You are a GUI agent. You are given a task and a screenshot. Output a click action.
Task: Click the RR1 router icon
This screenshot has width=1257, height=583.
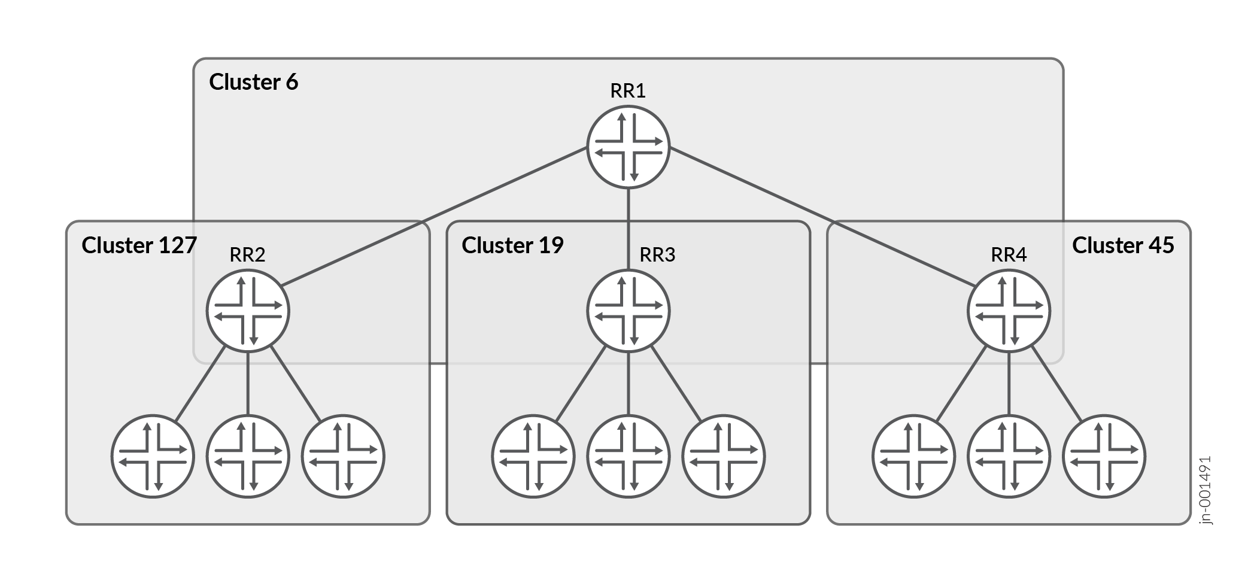coord(628,147)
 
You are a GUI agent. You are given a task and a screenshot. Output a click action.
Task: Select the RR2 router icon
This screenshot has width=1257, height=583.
coord(248,311)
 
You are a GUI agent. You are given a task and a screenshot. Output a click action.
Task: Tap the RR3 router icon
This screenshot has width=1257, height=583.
coord(628,311)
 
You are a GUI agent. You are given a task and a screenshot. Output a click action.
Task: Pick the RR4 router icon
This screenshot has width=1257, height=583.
coord(1009,311)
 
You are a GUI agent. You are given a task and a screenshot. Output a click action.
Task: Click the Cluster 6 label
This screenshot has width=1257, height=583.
coord(253,82)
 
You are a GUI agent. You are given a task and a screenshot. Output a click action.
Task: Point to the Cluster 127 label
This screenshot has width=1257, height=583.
coord(139,245)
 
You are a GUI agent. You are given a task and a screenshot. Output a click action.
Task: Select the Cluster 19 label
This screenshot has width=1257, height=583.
coord(512,245)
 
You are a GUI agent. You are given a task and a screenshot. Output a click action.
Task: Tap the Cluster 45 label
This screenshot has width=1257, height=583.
coord(1122,245)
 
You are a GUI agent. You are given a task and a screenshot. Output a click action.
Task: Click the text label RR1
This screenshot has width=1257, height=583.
coord(628,91)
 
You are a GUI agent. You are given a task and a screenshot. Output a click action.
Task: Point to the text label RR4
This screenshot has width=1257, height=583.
coord(1009,255)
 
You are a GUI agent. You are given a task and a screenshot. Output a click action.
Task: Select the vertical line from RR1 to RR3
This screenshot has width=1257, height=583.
coord(628,227)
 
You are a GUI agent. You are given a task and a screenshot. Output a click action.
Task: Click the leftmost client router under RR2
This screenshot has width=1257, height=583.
coord(153,457)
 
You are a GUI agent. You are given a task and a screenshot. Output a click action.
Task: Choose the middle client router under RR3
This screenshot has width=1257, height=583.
coord(628,457)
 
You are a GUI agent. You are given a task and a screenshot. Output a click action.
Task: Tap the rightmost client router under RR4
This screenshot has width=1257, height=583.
coord(1104,457)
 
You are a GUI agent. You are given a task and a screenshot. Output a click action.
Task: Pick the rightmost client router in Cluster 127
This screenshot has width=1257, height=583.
coord(343,457)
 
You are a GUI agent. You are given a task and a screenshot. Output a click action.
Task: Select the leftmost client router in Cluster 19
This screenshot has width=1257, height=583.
coord(533,457)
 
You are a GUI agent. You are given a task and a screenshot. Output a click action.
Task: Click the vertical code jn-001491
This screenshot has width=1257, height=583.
coord(1206,491)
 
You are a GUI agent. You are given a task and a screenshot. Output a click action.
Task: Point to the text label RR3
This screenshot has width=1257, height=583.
coord(657,255)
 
